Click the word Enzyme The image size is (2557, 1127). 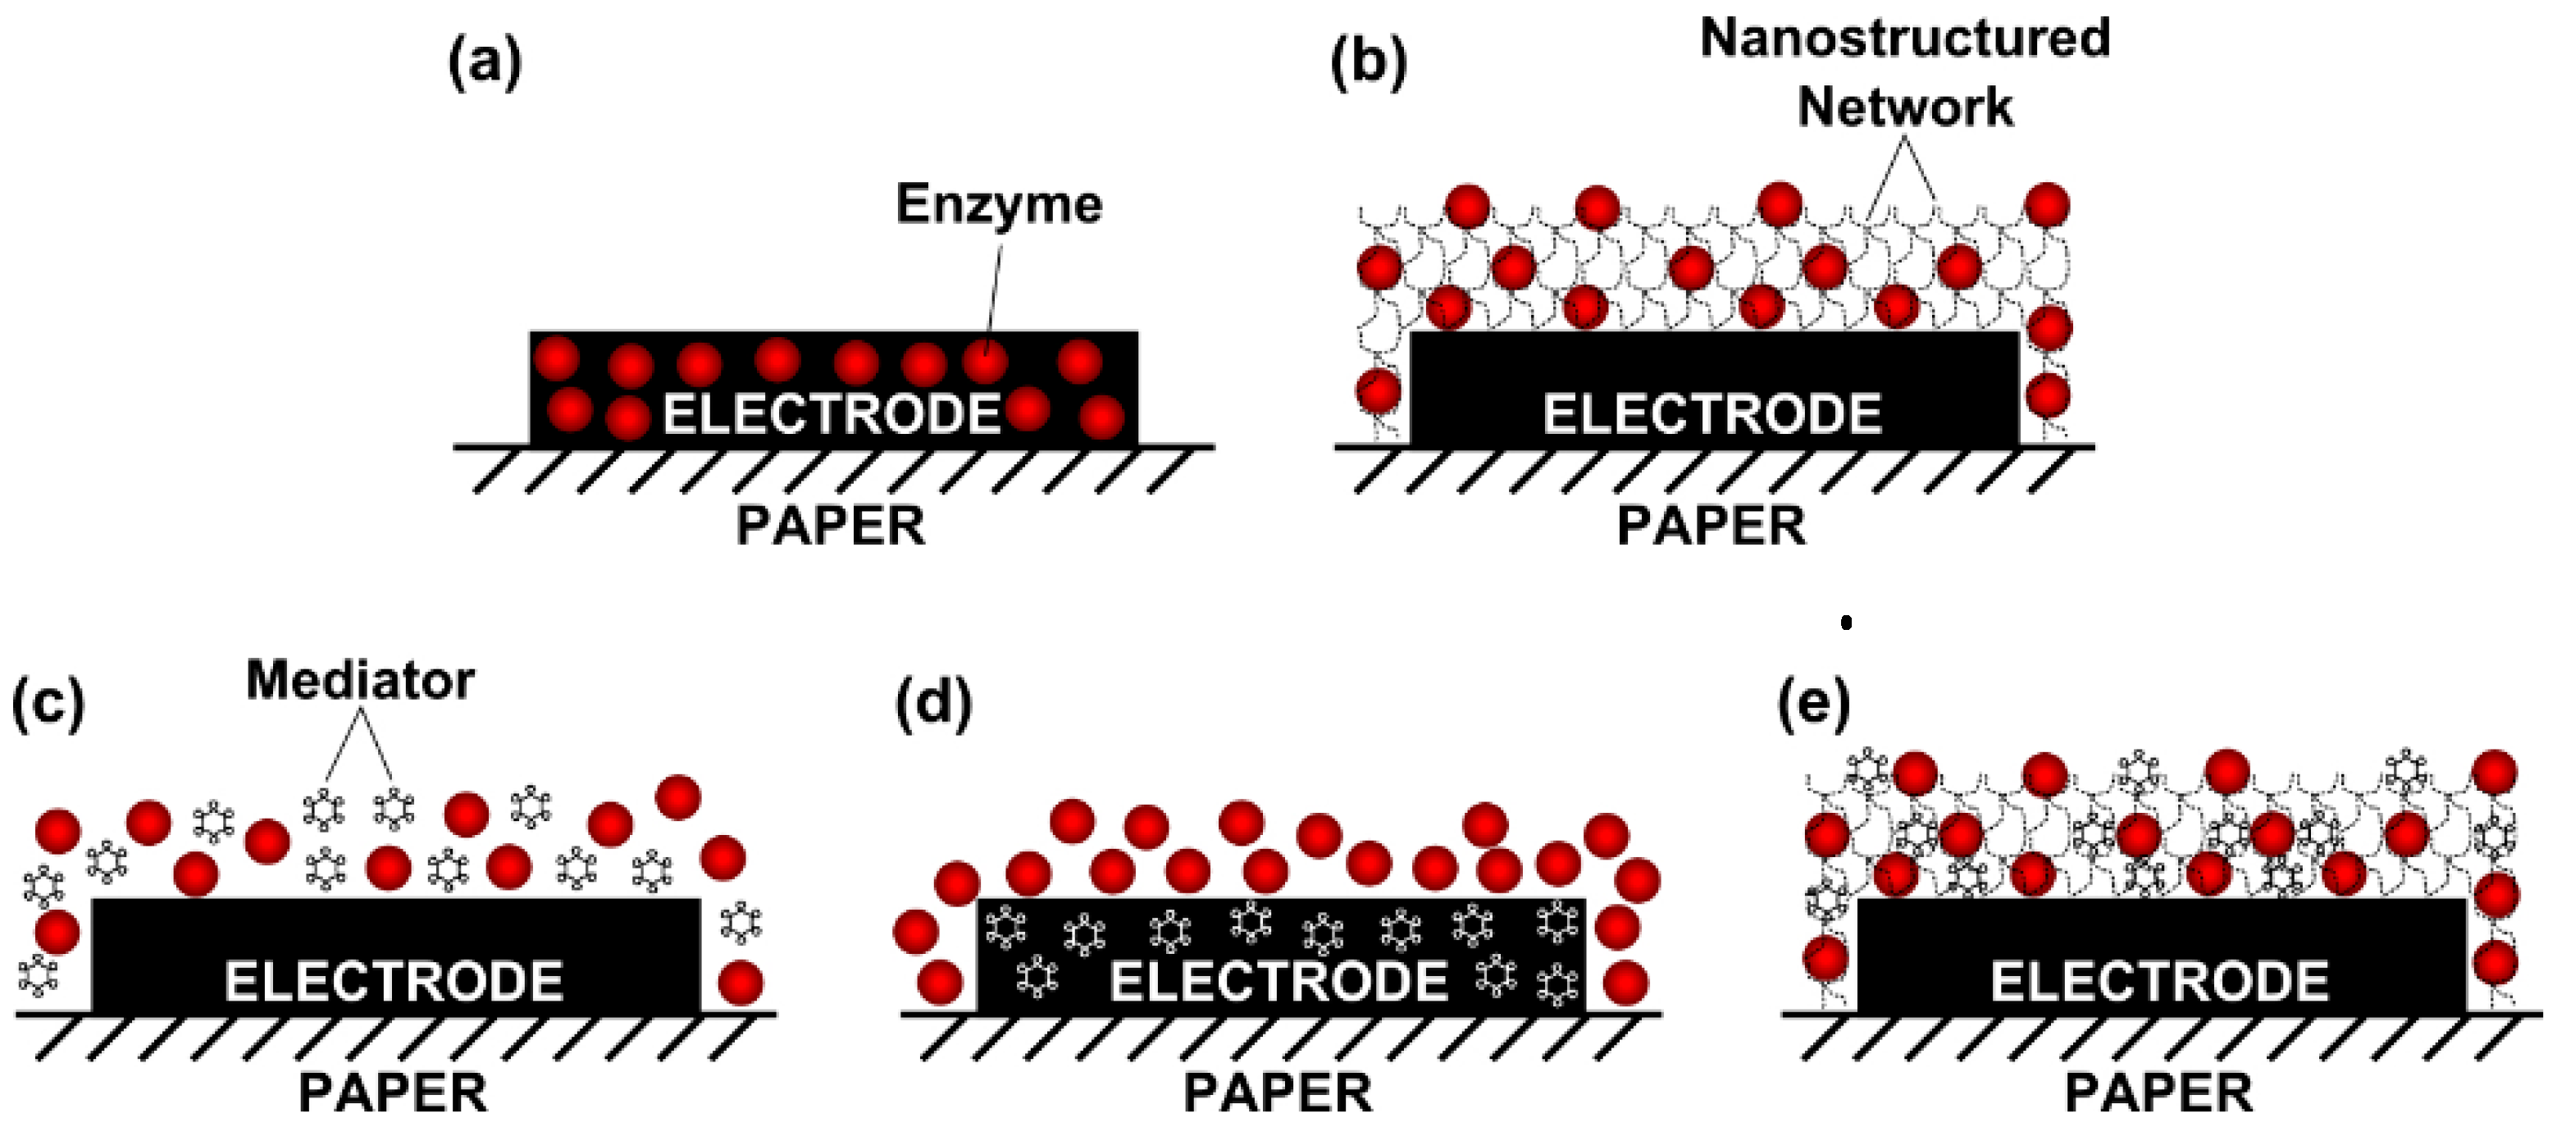coord(999,204)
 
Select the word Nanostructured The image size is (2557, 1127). coord(1905,38)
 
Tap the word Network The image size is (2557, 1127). coord(1905,107)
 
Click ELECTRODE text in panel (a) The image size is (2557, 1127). coord(832,414)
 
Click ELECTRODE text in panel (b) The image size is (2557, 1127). coord(1712,414)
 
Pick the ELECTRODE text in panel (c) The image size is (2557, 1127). coord(394,982)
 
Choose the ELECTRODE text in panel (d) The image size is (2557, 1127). coord(1278,982)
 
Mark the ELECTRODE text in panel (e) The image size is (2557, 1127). coord(2160,982)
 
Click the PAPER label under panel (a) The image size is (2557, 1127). coord(831,527)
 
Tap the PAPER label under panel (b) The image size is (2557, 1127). coord(1712,527)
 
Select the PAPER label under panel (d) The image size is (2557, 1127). coord(1278,1093)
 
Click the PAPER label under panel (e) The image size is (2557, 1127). coord(2159,1093)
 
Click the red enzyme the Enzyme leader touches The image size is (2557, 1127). coord(985,362)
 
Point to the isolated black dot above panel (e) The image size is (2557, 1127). coord(1846,623)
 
